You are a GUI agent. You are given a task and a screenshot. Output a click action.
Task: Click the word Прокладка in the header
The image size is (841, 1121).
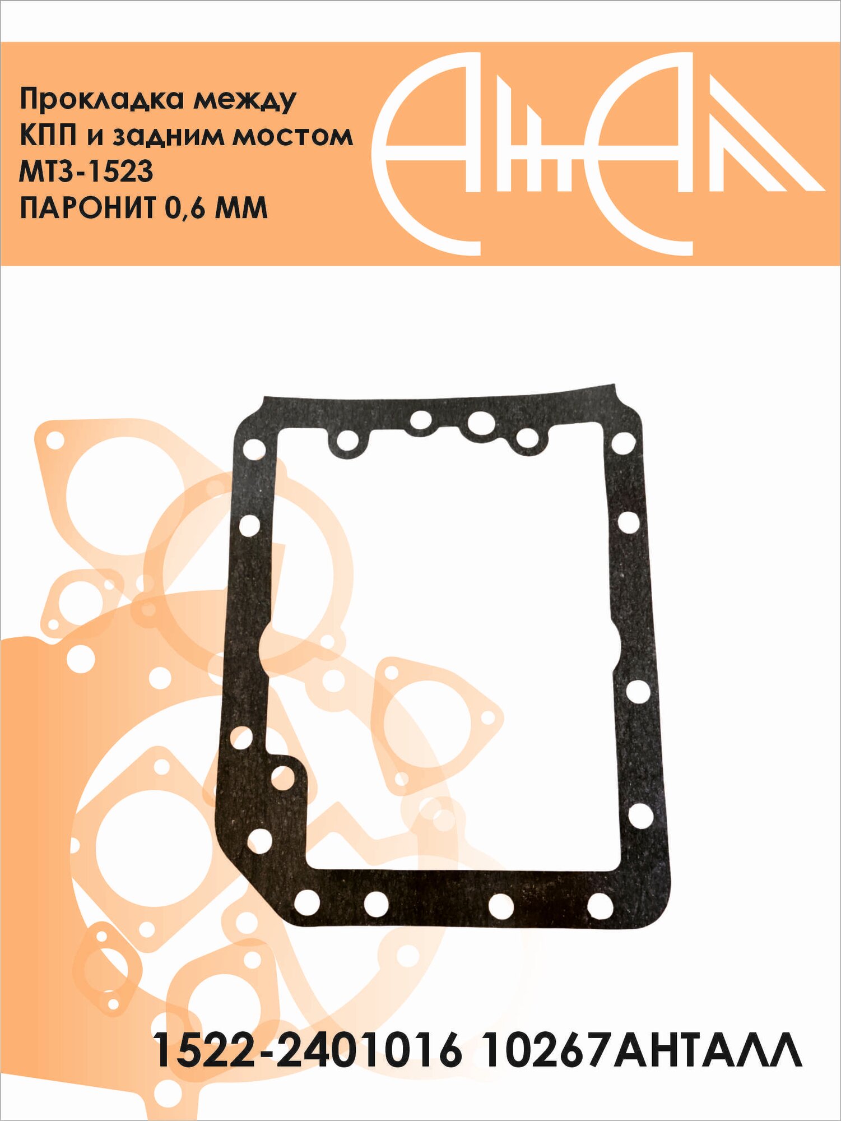pos(101,100)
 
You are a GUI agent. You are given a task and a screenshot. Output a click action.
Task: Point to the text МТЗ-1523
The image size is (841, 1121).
pos(86,172)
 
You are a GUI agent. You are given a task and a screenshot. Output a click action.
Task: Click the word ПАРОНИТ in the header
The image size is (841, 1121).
pos(87,207)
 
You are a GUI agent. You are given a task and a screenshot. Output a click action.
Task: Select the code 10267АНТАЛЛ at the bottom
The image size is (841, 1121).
pos(642,1049)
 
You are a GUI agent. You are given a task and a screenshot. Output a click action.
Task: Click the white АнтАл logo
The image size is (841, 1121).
pos(598,154)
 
